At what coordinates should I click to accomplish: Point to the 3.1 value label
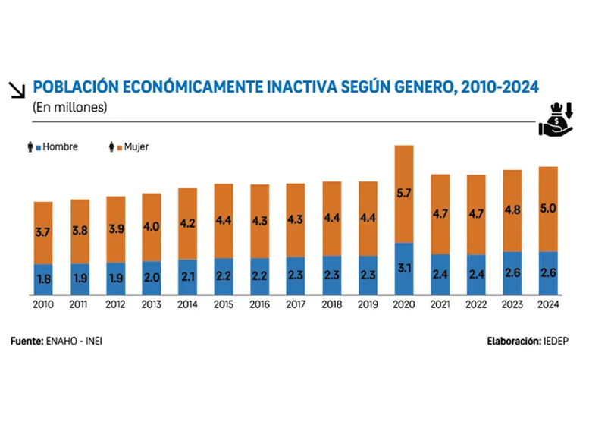coord(405,268)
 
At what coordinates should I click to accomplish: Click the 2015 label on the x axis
coord(224,304)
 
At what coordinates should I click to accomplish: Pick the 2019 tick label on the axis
coord(368,304)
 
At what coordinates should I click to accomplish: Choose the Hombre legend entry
coord(56,146)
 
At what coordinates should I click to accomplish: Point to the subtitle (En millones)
coord(70,108)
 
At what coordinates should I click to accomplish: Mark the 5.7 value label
coord(405,193)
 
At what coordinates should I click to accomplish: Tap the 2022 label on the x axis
coord(476,304)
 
